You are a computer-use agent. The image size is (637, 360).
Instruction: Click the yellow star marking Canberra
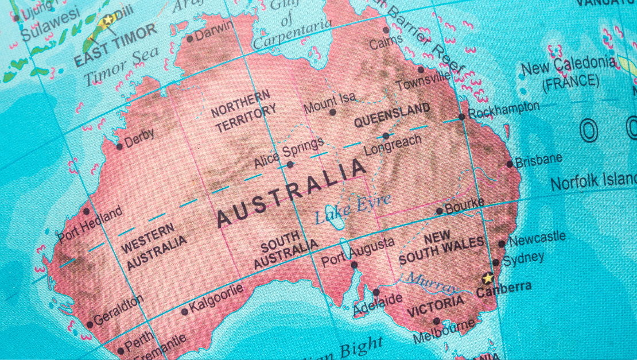click(488, 278)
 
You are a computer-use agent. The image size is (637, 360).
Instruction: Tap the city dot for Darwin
click(190, 38)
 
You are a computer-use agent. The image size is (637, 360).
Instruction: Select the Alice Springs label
click(289, 152)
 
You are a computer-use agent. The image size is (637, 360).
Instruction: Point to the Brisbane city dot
click(510, 164)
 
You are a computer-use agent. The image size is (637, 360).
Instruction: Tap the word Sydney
click(523, 258)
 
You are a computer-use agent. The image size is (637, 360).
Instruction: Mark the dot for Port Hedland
click(87, 211)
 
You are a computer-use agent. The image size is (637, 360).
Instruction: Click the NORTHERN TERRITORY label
click(243, 111)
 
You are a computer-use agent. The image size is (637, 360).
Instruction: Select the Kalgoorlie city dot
click(184, 312)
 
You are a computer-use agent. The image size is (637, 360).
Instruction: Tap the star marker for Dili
click(107, 20)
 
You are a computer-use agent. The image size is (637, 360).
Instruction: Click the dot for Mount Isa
click(332, 112)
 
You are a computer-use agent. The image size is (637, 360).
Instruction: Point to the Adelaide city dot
click(376, 292)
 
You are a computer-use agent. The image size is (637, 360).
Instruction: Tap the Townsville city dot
click(421, 69)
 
